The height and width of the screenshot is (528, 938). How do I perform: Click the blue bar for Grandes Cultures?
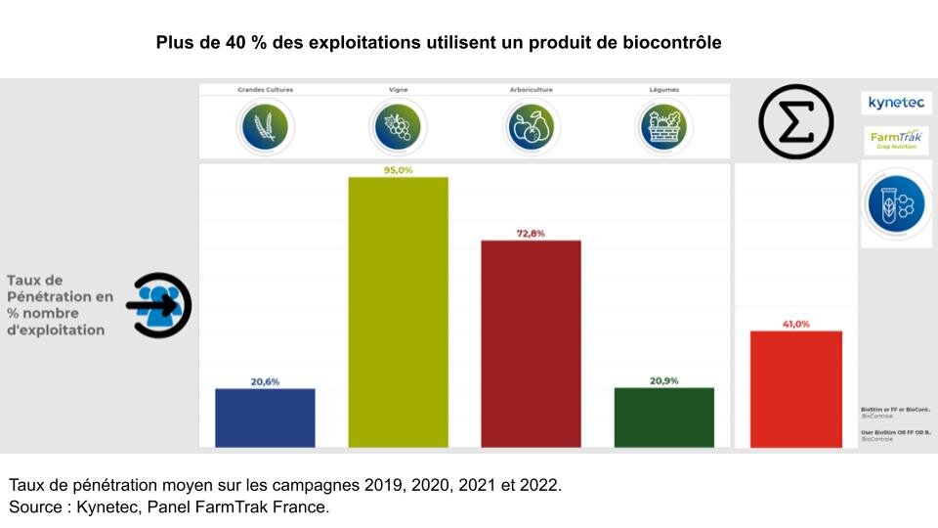(265, 418)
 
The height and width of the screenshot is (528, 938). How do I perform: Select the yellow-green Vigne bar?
(398, 312)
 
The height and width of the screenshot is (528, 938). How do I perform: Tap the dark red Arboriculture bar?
(531, 343)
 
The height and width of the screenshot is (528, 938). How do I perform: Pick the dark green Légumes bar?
(663, 418)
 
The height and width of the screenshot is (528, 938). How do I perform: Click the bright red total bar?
(795, 389)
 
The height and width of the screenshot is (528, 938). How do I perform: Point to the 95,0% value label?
(398, 170)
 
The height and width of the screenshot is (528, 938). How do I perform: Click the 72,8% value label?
(531, 234)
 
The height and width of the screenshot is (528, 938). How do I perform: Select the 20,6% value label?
(265, 381)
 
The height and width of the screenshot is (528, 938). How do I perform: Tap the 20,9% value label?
(663, 380)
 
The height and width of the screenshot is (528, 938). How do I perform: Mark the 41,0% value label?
(795, 324)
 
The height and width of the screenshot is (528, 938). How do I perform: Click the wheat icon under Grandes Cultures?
(264, 125)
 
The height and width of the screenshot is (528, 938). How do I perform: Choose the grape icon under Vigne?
(397, 125)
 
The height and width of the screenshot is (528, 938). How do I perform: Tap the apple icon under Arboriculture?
(530, 125)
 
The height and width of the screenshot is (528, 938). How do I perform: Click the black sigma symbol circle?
(795, 122)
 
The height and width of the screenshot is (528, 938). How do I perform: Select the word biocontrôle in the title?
(671, 43)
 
